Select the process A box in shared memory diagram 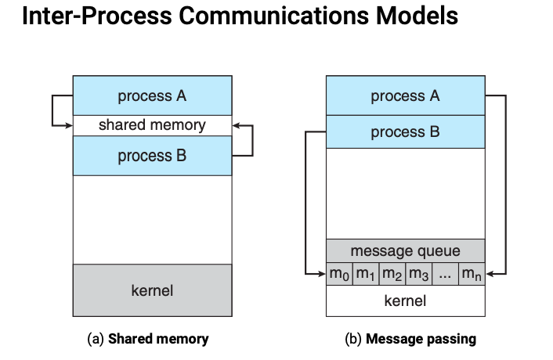click(x=152, y=96)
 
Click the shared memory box click(x=152, y=125)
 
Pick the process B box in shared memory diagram click(x=152, y=156)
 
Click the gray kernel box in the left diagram click(x=152, y=290)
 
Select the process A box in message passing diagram click(x=405, y=96)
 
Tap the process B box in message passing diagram click(x=405, y=132)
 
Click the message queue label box click(x=405, y=251)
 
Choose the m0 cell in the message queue click(x=339, y=274)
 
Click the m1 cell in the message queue click(x=366, y=274)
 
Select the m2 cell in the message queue click(x=392, y=274)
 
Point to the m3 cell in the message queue click(x=419, y=274)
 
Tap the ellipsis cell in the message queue click(x=445, y=274)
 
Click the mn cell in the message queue click(x=472, y=274)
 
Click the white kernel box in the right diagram click(x=405, y=301)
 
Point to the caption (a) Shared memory click(x=147, y=339)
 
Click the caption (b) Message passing click(x=410, y=339)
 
